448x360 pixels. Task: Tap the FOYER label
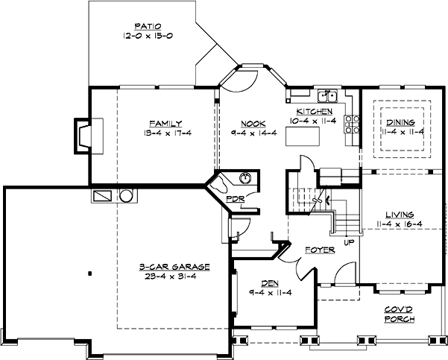pos(320,250)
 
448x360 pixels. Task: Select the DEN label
pos(270,282)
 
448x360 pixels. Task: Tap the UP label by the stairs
pos(348,242)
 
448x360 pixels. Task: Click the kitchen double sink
pos(326,95)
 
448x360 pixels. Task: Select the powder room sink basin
pos(245,178)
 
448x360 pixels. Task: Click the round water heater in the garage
pos(125,196)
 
